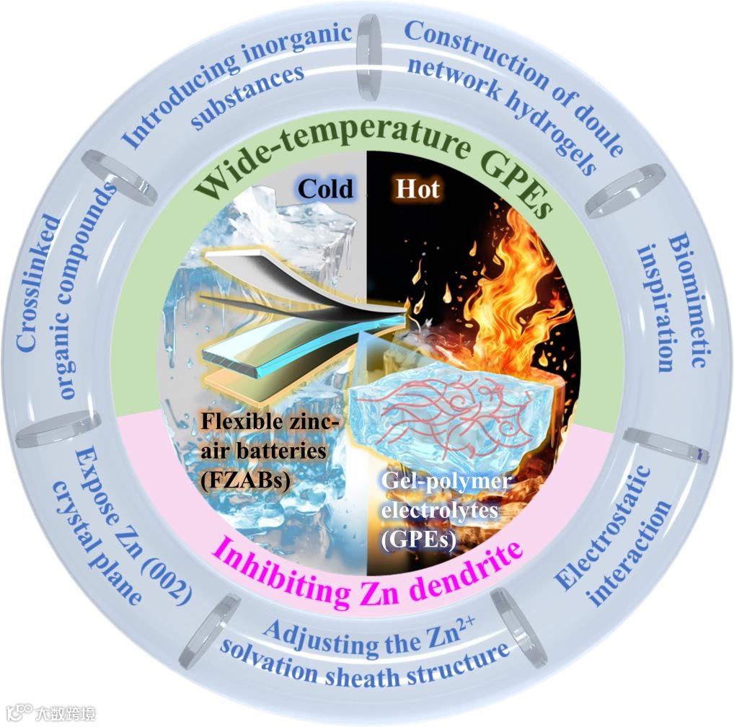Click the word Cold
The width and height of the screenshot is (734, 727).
click(326, 188)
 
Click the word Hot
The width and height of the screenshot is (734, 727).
click(417, 189)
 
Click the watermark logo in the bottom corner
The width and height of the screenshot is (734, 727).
click(50, 713)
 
